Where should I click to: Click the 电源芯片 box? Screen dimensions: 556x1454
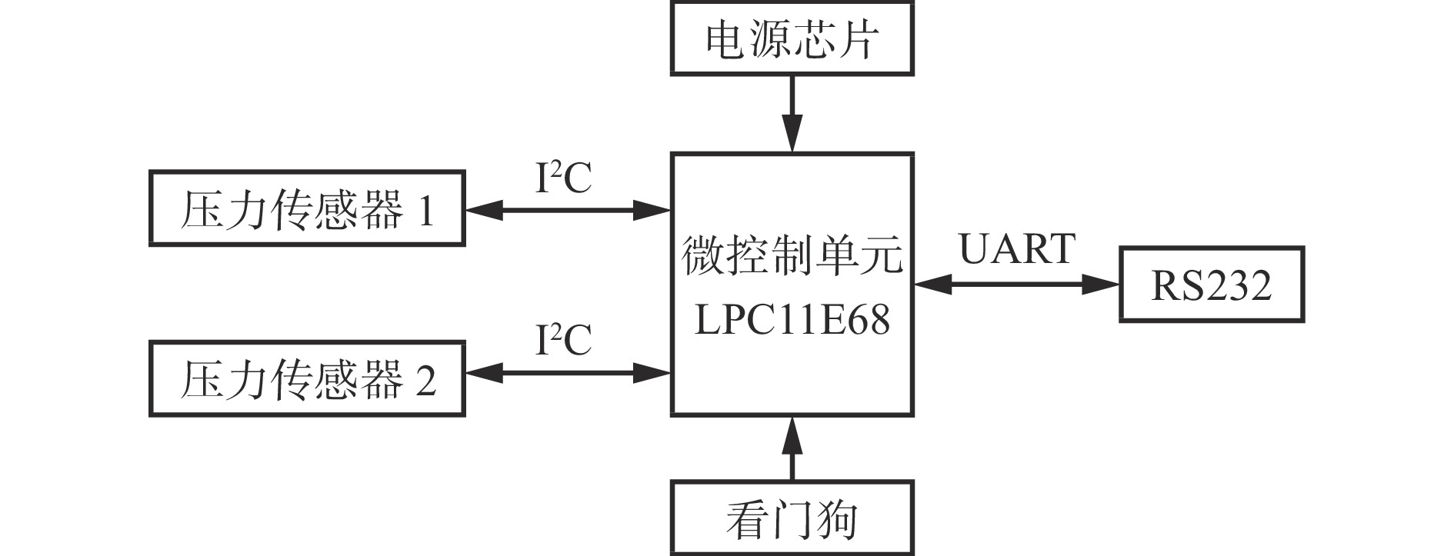click(792, 38)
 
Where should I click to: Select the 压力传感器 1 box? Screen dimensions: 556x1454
click(307, 209)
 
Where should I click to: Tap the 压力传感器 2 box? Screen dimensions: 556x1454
click(307, 379)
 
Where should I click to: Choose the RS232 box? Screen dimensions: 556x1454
click(1211, 285)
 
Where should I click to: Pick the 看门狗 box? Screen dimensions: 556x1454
click(792, 519)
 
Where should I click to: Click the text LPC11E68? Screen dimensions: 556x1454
click(792, 319)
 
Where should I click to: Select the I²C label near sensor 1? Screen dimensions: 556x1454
click(563, 178)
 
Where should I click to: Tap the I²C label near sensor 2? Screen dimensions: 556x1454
click(563, 339)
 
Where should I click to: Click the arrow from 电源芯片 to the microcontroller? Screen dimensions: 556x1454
click(792, 114)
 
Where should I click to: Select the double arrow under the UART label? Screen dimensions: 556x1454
click(1016, 285)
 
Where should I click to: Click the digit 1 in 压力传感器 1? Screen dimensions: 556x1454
click(425, 210)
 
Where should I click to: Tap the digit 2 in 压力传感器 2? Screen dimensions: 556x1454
click(425, 380)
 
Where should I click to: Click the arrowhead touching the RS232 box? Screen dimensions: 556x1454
click(1102, 285)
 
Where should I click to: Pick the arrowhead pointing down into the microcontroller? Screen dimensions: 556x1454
click(792, 135)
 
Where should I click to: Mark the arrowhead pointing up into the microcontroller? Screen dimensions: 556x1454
click(792, 432)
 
